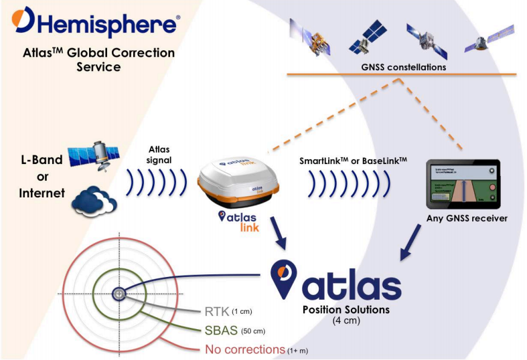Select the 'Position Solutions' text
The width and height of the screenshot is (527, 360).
346,310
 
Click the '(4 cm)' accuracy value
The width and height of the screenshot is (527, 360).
346,321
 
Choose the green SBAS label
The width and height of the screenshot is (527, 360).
220,330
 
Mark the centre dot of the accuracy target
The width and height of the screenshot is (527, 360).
119,293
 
